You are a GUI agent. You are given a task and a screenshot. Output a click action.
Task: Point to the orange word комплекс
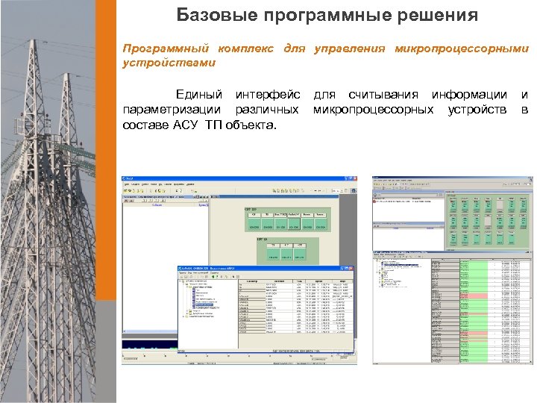(248, 49)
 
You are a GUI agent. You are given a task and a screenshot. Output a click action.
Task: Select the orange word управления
(350, 49)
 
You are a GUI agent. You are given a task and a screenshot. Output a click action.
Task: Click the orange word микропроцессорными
(462, 49)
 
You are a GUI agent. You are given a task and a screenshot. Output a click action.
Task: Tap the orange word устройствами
(169, 63)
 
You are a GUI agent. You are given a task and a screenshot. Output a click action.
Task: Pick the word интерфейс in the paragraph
(268, 95)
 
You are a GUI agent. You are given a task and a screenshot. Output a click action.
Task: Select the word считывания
(383, 95)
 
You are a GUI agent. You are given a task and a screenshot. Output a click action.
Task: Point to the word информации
(469, 95)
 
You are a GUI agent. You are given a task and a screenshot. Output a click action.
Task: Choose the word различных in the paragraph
(268, 110)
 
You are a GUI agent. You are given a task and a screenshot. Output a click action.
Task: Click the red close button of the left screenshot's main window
(354, 179)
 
